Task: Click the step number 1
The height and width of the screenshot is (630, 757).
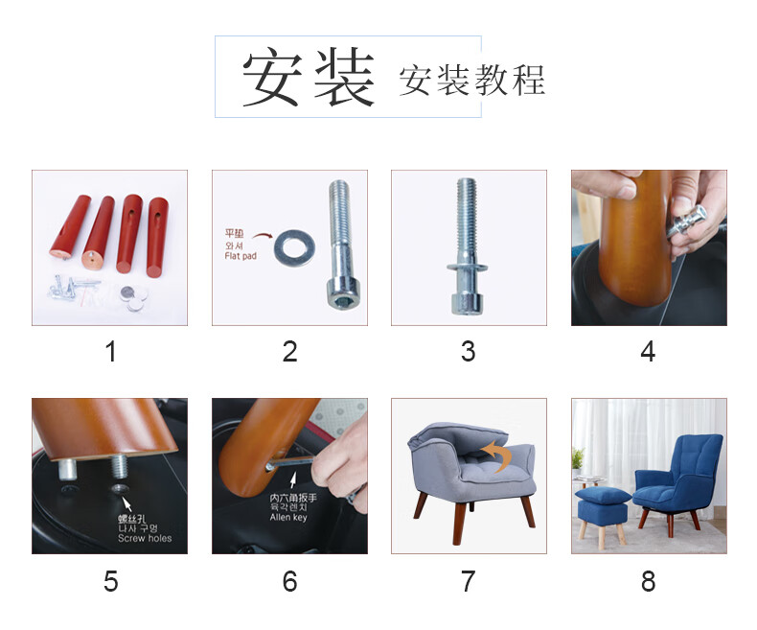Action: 110,351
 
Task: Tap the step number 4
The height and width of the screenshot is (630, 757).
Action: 648,351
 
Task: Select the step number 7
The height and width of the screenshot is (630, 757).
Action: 469,581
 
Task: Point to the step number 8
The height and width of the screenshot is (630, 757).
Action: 648,581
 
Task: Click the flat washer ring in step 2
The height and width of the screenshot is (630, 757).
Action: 294,248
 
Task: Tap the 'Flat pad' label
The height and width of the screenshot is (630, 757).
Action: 240,256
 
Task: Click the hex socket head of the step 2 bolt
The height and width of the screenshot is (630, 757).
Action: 343,294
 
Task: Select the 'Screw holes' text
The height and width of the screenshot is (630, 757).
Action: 145,538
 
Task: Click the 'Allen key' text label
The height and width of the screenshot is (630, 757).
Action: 288,518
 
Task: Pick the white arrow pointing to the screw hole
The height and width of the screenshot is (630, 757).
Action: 127,503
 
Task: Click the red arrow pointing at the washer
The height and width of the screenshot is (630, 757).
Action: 263,236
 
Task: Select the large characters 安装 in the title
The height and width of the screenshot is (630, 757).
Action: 308,78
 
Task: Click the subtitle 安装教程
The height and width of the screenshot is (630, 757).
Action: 472,81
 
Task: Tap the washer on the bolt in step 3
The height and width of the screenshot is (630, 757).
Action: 467,267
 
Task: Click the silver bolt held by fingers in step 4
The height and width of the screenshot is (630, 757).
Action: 685,222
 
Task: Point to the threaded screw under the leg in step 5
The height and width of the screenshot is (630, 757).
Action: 119,467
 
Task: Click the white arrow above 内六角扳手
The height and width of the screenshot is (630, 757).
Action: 292,480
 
